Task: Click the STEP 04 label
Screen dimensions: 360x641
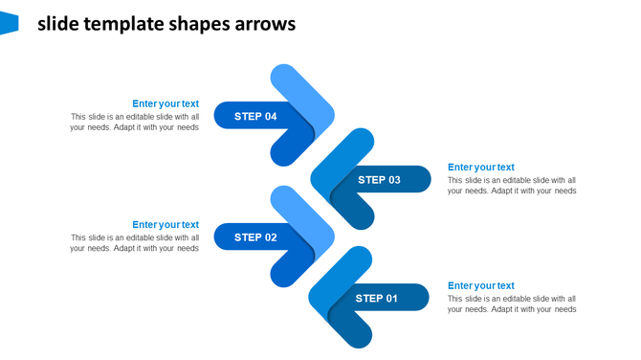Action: click(x=255, y=116)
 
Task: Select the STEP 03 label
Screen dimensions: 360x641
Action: click(x=380, y=180)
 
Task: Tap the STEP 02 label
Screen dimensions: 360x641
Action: click(x=255, y=237)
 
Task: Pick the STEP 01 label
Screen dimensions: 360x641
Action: click(x=377, y=299)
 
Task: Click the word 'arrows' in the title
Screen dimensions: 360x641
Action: click(x=265, y=24)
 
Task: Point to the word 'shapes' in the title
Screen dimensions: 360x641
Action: click(x=197, y=24)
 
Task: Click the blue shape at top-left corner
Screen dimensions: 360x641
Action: click(x=9, y=23)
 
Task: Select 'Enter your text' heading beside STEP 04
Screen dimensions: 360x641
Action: click(x=166, y=103)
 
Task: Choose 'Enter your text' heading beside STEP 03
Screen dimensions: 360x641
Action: click(x=480, y=168)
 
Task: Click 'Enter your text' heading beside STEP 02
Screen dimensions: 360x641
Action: click(x=166, y=225)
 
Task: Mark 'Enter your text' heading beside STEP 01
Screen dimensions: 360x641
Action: click(x=480, y=285)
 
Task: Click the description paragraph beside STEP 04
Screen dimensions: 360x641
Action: click(x=134, y=122)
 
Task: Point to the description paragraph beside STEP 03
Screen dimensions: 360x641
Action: click(x=512, y=185)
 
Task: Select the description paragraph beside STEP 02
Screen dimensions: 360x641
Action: click(x=134, y=243)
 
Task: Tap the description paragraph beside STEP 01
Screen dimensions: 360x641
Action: click(x=512, y=304)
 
